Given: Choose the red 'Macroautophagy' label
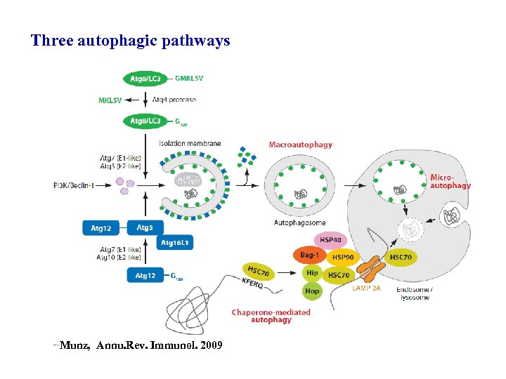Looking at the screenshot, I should [301, 145].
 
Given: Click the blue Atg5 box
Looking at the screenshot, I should [145, 227].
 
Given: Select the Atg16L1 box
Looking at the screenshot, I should [175, 242].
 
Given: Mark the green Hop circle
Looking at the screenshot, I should [312, 291].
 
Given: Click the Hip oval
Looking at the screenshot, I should [311, 273].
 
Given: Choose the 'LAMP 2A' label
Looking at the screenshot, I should [366, 288].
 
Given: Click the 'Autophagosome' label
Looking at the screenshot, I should [299, 223].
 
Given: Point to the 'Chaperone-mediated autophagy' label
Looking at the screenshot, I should [271, 316].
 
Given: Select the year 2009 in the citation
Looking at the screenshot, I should [211, 345].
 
